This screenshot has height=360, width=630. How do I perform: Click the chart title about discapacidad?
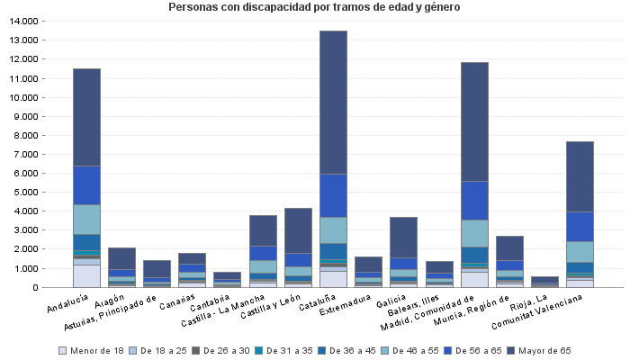coord(314,7)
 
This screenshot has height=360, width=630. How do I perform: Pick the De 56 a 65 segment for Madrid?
coord(474,200)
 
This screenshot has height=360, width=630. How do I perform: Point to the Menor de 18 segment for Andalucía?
coord(86,275)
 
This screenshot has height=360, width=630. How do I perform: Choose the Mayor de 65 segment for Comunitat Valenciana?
coord(580,176)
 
